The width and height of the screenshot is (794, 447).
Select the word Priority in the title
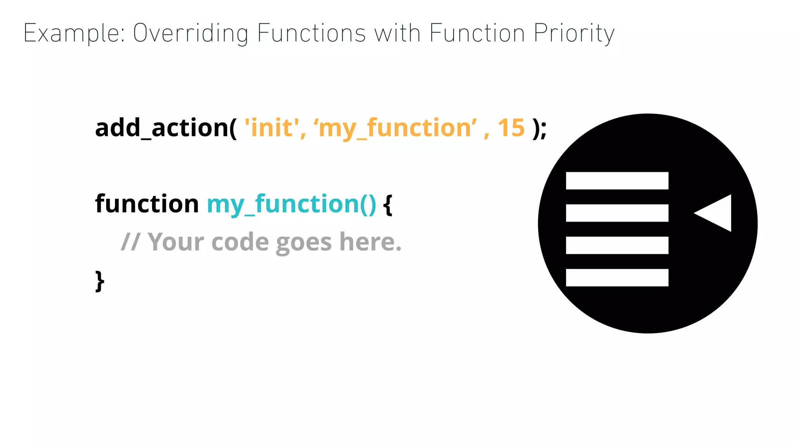574,33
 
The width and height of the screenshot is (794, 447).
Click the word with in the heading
397,33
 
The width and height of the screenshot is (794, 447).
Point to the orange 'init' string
272,128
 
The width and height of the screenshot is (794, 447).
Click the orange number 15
511,128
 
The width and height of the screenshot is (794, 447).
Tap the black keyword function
147,204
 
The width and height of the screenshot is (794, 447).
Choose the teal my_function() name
291,204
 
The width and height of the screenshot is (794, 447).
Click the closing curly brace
100,281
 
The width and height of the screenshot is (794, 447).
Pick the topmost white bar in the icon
617,181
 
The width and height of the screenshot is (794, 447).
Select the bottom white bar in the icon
617,277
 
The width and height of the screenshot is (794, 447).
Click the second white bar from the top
617,213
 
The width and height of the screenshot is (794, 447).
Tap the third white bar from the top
617,245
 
